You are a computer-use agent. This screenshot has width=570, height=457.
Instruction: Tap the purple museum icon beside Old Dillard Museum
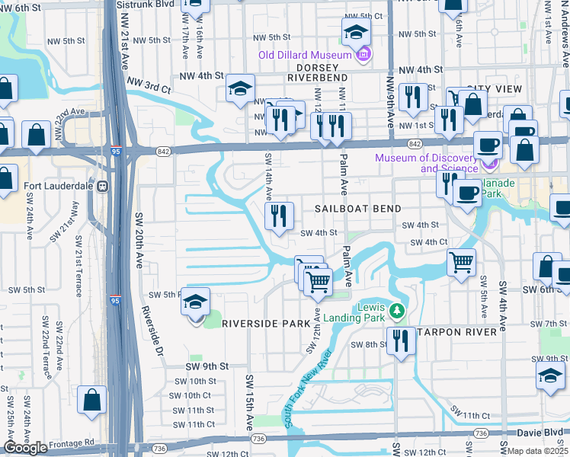click(x=363, y=54)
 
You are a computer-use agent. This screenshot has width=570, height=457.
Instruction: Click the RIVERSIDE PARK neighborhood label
click(x=262, y=324)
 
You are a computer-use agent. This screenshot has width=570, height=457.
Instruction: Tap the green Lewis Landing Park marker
click(x=396, y=310)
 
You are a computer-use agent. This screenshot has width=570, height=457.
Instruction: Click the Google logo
click(x=26, y=448)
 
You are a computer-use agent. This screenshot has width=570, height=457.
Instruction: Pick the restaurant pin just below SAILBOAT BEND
click(x=280, y=216)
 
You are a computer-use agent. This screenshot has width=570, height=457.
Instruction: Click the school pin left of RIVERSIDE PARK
click(x=195, y=303)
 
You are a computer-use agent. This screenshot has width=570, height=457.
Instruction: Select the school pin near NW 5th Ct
click(x=355, y=32)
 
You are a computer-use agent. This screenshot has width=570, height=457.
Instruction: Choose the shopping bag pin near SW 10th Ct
click(x=91, y=401)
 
